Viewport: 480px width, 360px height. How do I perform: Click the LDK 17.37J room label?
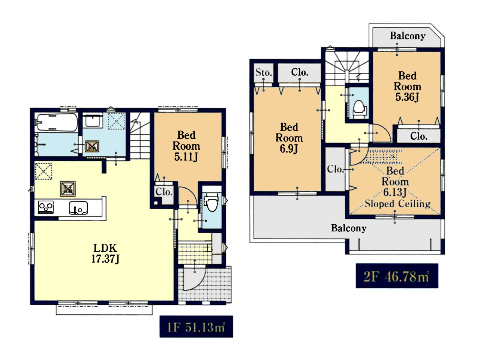(105, 253)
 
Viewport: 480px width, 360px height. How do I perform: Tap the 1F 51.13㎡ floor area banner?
(196, 327)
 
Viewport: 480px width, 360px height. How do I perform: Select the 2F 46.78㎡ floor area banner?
(397, 276)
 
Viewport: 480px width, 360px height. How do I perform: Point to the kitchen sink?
(78, 208)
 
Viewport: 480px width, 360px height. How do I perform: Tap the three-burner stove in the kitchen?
(46, 207)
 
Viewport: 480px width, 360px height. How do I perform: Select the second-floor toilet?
(358, 109)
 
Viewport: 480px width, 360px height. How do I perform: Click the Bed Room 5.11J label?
(186, 146)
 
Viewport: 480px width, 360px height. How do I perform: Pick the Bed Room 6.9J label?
(289, 138)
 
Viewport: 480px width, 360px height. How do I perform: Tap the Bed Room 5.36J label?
(407, 87)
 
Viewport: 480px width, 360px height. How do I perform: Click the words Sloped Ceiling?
(397, 204)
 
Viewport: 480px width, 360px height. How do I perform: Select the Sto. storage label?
(264, 72)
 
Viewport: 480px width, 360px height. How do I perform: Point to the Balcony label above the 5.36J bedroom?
(408, 36)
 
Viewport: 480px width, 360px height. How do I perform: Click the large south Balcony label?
(349, 228)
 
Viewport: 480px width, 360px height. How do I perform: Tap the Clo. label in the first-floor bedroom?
(164, 192)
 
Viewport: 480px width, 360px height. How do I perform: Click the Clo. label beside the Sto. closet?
(300, 72)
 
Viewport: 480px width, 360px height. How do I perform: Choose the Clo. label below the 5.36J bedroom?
(418, 136)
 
